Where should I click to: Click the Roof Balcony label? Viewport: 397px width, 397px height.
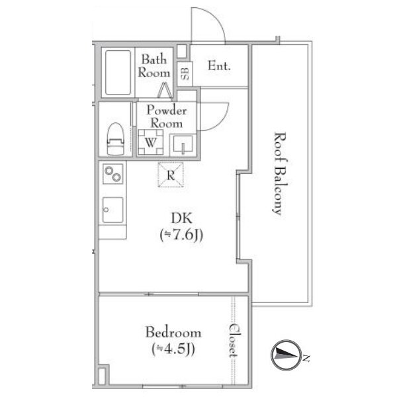281,173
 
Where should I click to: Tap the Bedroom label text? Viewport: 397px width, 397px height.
173,332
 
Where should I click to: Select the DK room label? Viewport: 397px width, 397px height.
181,218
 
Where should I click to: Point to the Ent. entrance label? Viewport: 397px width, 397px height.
219,66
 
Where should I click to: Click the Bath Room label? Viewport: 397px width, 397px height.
154,66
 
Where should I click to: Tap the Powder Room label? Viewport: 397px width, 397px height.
167,116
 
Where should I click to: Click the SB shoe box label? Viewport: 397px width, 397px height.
185,73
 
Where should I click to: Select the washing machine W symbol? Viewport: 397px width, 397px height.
151,142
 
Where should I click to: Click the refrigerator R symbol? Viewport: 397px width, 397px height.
171,175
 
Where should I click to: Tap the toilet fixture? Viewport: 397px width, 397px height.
115,139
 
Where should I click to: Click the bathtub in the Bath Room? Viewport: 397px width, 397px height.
118,72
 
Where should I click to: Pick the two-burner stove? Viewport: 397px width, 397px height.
113,173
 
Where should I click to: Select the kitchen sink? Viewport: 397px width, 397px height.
113,210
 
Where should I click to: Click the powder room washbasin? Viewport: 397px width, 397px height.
183,146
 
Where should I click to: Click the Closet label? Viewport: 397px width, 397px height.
234,341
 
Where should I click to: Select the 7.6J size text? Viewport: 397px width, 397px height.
181,236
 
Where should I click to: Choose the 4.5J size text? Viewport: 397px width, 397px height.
173,349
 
